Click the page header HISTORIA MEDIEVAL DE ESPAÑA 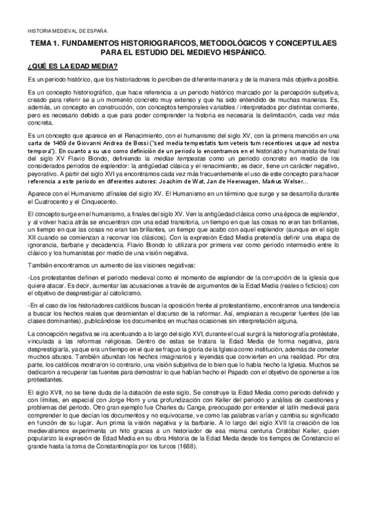[67, 30]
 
